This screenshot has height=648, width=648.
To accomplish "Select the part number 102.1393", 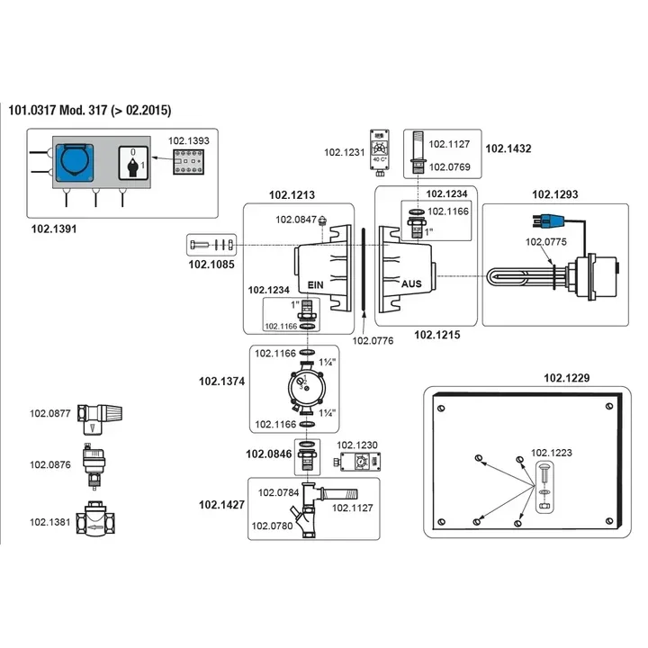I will [x=190, y=141].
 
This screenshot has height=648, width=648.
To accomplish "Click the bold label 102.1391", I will [x=55, y=229].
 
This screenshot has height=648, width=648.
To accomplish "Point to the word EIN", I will [x=315, y=284].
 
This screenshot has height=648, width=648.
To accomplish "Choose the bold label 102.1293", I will [x=555, y=194].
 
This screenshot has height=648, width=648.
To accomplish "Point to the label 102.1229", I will [x=567, y=378].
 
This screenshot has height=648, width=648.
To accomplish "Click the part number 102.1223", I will [x=551, y=453].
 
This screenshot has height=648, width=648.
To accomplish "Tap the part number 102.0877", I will [x=49, y=414].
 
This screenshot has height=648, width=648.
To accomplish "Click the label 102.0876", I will [x=49, y=464].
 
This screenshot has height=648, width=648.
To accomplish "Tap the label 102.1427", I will [x=221, y=506].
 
